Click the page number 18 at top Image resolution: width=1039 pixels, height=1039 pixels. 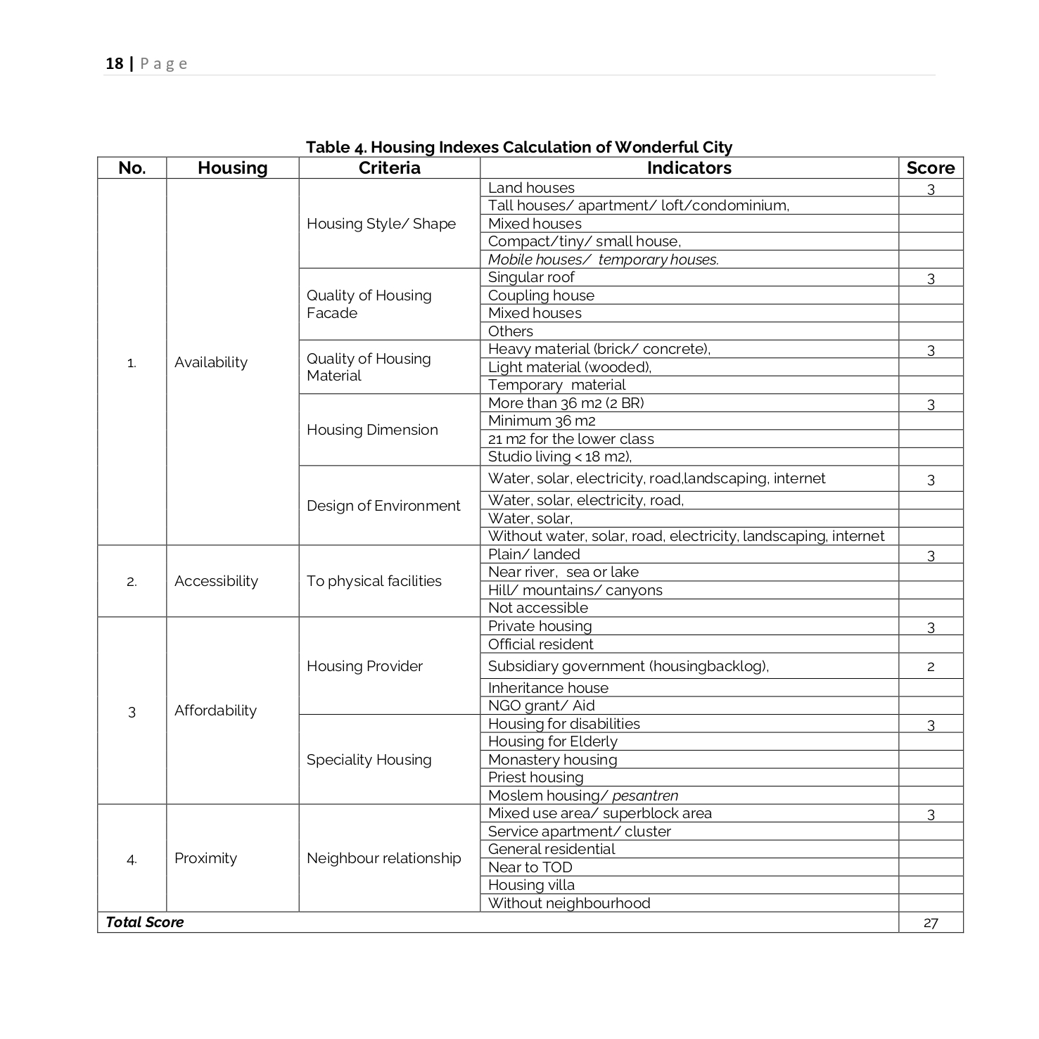[x=114, y=64]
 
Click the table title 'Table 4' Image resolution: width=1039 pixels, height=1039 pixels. [x=518, y=147]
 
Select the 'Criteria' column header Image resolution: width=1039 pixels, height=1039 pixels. [x=389, y=168]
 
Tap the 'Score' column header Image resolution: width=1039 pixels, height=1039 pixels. [x=930, y=168]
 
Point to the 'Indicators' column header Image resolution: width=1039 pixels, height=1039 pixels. [x=689, y=168]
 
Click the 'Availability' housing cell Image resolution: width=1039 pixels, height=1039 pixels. [x=211, y=362]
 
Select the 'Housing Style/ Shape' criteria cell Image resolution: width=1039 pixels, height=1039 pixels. [x=381, y=224]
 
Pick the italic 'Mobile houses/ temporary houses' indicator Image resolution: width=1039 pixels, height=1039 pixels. [x=603, y=260]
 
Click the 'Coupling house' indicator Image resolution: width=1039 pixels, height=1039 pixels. [x=541, y=295]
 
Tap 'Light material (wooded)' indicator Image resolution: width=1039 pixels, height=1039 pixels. [x=570, y=367]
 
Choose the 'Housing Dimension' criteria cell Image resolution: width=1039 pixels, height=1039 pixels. [x=372, y=430]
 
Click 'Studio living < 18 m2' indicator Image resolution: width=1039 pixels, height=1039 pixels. [x=560, y=457]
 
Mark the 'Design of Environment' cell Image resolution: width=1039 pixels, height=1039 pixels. [x=383, y=506]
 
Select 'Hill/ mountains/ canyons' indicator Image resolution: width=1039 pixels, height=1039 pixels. [x=575, y=590]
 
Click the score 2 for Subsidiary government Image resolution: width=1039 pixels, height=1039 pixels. [x=930, y=666]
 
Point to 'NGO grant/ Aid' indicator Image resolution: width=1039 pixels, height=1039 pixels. [x=541, y=706]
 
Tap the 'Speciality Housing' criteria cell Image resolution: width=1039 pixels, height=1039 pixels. [x=369, y=760]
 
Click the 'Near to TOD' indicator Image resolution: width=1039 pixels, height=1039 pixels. [x=530, y=867]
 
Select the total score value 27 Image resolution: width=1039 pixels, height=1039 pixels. [x=930, y=923]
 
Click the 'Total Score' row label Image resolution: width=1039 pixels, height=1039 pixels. [x=144, y=922]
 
